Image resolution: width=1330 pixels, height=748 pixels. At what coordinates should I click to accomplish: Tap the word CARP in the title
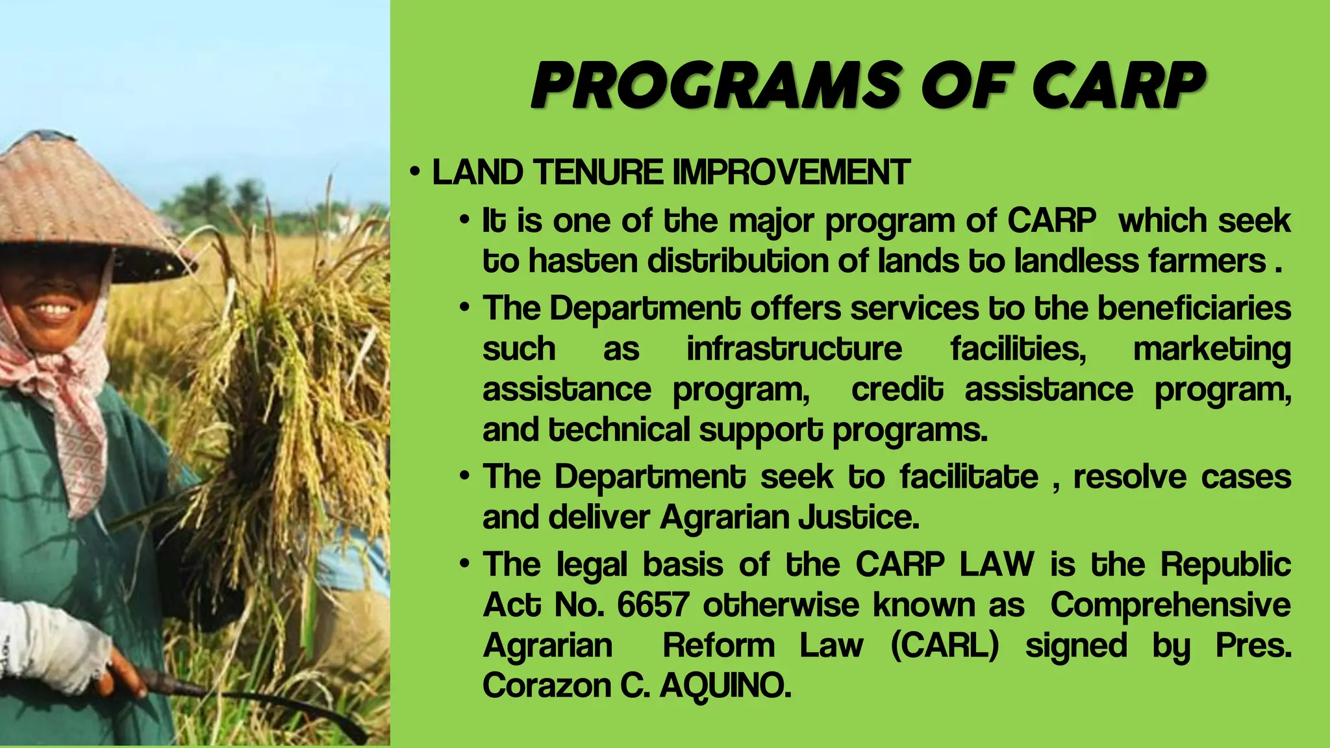(x=1118, y=86)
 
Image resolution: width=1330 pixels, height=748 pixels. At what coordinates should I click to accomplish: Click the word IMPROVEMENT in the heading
(x=790, y=173)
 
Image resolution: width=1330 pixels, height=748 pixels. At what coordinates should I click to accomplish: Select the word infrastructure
(x=794, y=349)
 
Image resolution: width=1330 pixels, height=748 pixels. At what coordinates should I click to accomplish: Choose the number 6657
(x=652, y=605)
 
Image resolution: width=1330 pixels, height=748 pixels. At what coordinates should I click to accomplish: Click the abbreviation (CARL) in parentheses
(x=944, y=646)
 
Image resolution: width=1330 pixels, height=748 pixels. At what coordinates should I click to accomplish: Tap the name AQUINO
(x=725, y=686)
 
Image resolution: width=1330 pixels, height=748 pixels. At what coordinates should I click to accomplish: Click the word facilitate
(x=969, y=477)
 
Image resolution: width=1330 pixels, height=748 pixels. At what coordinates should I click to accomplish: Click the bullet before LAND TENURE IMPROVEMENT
(x=415, y=173)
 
